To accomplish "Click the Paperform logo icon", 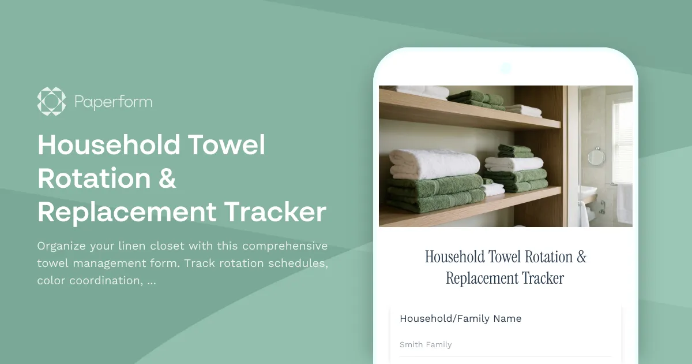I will pyautogui.click(x=51, y=102).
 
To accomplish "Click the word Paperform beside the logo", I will pyautogui.click(x=113, y=102).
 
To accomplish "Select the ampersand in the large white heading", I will pyautogui.click(x=166, y=179).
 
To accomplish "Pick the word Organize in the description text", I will pyautogui.click(x=60, y=246).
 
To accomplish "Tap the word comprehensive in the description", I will pyautogui.click(x=282, y=246).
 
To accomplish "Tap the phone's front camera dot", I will pyautogui.click(x=506, y=68).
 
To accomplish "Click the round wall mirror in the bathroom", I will pyautogui.click(x=596, y=156).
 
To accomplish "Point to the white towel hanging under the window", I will pyautogui.click(x=624, y=203).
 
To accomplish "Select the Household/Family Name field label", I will pyautogui.click(x=460, y=318).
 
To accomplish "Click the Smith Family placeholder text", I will pyautogui.click(x=426, y=344).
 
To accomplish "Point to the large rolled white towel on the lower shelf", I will pyautogui.click(x=427, y=164).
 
